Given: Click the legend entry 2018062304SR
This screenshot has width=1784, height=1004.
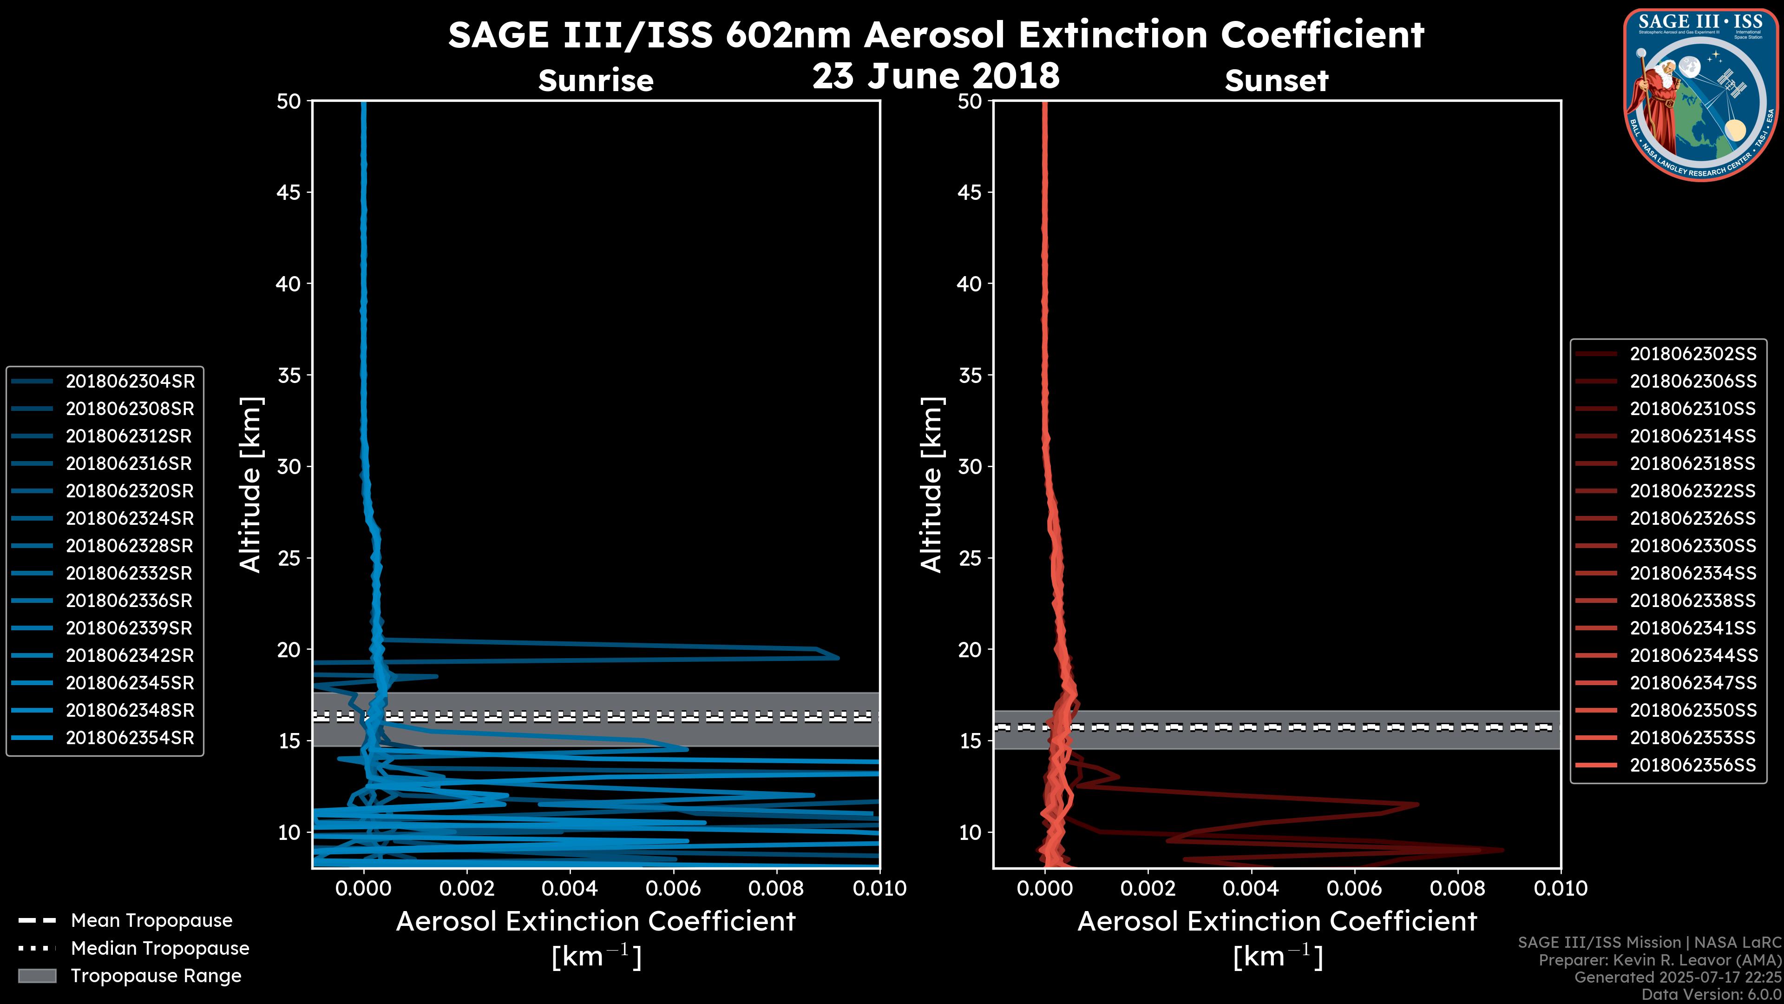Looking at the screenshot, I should (130, 381).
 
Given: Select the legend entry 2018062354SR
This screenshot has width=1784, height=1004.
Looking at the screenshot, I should (130, 738).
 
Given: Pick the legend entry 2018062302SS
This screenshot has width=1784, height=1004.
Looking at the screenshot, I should (1692, 354).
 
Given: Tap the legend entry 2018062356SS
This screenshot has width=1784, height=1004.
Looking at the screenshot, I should (1692, 765).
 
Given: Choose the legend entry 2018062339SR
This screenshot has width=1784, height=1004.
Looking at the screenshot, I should (130, 628).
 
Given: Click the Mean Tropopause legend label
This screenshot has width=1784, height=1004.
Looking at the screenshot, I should (151, 920).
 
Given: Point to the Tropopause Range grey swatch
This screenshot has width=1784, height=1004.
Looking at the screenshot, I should (37, 976).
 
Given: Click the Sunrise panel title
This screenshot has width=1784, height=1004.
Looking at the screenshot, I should (596, 80).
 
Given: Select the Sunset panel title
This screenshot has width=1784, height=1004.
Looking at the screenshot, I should (1276, 80).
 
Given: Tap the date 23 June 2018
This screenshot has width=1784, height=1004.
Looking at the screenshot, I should (936, 75).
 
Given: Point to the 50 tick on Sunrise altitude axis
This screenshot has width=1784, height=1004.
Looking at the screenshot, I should (289, 101).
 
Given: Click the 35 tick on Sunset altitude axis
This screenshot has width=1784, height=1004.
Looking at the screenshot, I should (970, 376).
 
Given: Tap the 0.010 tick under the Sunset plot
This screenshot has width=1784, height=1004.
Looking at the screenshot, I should (1561, 888).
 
